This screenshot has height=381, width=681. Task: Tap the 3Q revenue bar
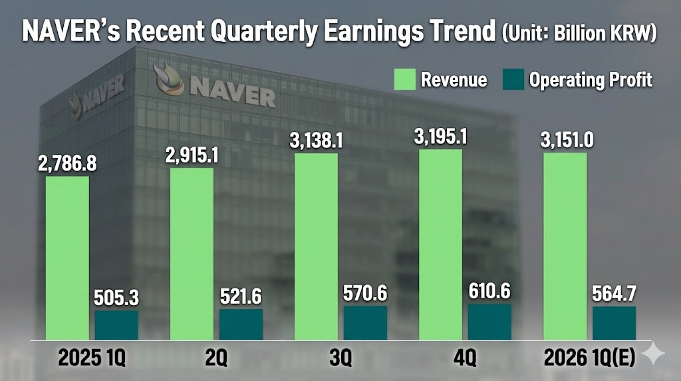coord(316,246)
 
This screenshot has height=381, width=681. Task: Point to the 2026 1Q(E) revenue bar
coord(565,246)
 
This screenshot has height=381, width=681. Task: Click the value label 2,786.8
coord(67,163)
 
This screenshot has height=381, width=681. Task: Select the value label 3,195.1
coord(440,137)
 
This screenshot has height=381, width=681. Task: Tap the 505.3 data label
coord(116,296)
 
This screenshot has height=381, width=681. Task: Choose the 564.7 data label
coord(614,293)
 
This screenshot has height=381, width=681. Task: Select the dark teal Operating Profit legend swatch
coord(509,81)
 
